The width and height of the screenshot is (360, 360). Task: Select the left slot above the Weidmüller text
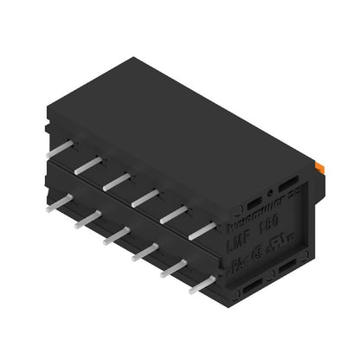pos(257,205)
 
